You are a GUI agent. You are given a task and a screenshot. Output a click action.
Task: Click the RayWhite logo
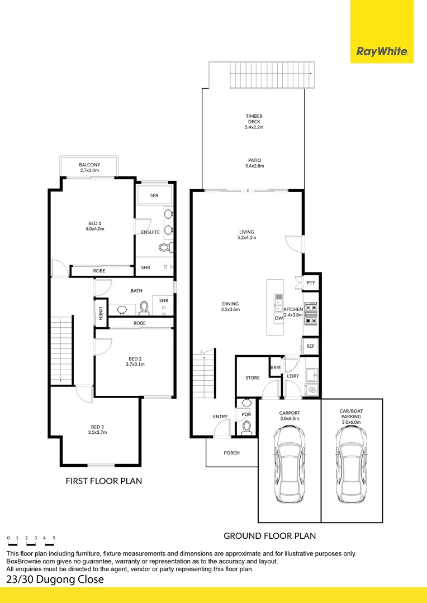pyautogui.click(x=382, y=52)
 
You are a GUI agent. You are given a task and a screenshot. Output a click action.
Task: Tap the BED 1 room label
pyautogui.click(x=95, y=226)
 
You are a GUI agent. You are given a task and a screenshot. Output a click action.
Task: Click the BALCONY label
pyautogui.click(x=89, y=167)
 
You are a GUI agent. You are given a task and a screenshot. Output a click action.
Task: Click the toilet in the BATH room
pyautogui.click(x=143, y=308)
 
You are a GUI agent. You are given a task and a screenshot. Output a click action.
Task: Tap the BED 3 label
pyautogui.click(x=97, y=429)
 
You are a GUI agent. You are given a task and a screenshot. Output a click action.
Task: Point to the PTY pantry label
pyautogui.click(x=311, y=283)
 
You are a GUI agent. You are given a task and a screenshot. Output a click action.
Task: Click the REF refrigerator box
pyautogui.click(x=311, y=346)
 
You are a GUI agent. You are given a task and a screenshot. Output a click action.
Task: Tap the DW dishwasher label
pyautogui.click(x=278, y=318)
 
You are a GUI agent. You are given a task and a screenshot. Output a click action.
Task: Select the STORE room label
pyautogui.click(x=253, y=378)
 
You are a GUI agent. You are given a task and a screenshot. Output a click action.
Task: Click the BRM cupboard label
pyautogui.click(x=275, y=367)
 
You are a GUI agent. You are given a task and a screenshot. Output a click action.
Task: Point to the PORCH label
pyautogui.click(x=231, y=453)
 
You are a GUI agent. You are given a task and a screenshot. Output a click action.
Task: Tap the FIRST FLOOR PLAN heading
pyautogui.click(x=103, y=481)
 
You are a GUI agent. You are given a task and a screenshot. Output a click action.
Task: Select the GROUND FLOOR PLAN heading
pyautogui.click(x=269, y=535)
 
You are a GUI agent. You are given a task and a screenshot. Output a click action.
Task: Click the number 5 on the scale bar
pyautogui.click(x=54, y=538)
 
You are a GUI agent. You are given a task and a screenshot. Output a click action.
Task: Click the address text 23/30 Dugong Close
pyautogui.click(x=55, y=580)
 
